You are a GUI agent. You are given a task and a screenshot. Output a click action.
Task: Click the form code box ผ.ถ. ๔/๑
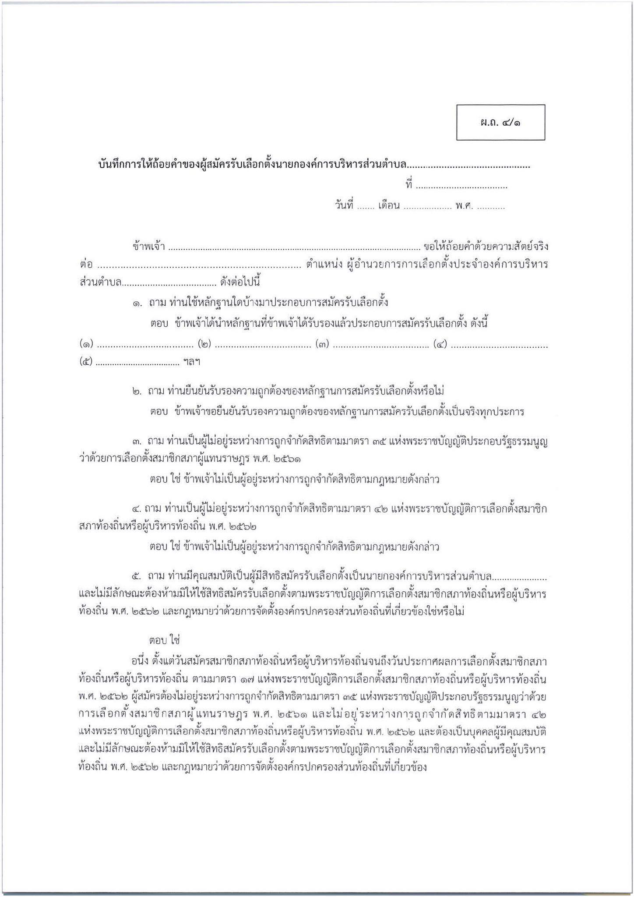(500, 122)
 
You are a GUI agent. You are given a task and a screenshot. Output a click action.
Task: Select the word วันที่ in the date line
(344, 206)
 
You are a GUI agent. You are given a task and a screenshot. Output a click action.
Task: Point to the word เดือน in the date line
(389, 206)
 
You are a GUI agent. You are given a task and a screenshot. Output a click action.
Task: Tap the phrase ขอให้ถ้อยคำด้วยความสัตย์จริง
(486, 247)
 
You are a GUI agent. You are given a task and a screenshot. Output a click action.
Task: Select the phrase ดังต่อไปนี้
(240, 282)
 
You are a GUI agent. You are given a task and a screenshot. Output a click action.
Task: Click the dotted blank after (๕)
(137, 363)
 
